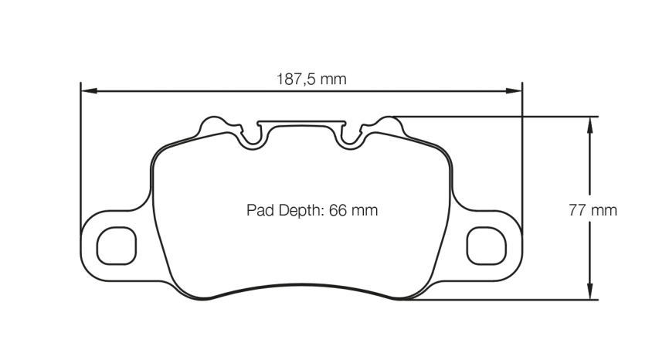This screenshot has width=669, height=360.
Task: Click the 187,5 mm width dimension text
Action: pos(311,79)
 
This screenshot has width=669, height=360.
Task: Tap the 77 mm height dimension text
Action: pos(593,209)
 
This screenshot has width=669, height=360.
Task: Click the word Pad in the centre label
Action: pos(260,209)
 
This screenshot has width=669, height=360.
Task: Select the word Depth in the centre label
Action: pos(301,209)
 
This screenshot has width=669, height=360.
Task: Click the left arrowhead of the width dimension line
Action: pos(87,91)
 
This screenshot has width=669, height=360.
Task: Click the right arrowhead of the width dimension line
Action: pos(516,91)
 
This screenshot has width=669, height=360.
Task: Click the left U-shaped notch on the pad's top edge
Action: pos(250,137)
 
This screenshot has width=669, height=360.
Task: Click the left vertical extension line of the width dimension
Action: pos(80,155)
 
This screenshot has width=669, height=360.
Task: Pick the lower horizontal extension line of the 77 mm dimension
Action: pos(494,301)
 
